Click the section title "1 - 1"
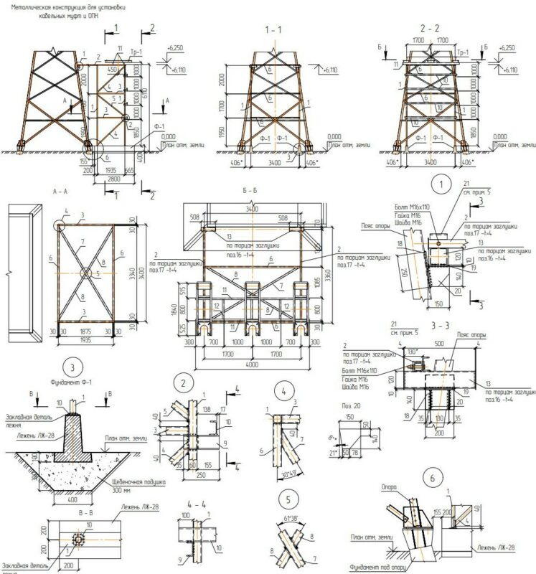(274, 32)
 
